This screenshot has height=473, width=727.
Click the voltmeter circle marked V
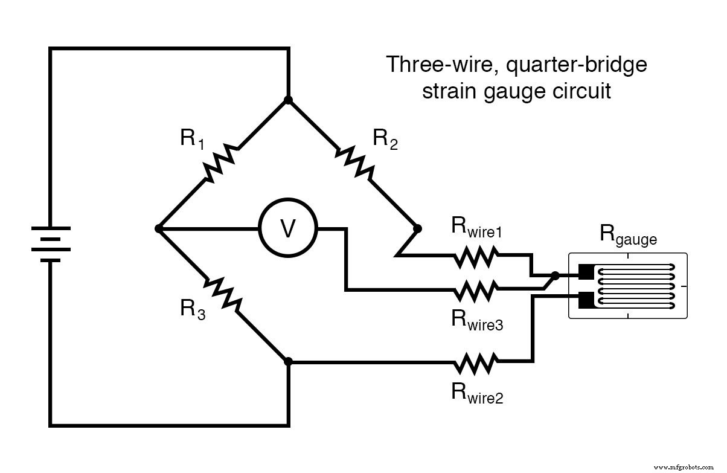pyautogui.click(x=288, y=229)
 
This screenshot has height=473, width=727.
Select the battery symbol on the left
pyautogui.click(x=52, y=244)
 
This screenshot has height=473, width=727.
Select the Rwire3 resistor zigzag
pyautogui.click(x=475, y=291)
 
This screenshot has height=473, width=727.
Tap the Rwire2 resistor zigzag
pyautogui.click(x=475, y=362)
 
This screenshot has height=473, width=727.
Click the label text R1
pyautogui.click(x=192, y=140)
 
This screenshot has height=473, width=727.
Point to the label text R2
pyautogui.click(x=385, y=140)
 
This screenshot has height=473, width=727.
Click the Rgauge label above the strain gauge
pyautogui.click(x=627, y=235)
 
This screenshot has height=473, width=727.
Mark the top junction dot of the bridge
pyautogui.click(x=288, y=100)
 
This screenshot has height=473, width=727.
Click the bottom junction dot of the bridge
pyautogui.click(x=288, y=361)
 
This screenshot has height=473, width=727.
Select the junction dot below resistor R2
pyautogui.click(x=417, y=229)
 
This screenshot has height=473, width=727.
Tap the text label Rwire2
pyautogui.click(x=477, y=393)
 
